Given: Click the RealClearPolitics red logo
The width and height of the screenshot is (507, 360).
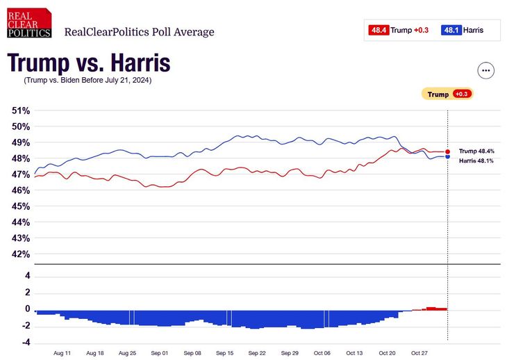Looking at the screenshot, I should tap(29, 23).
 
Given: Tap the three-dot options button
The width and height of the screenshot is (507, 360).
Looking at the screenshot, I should tap(485, 70).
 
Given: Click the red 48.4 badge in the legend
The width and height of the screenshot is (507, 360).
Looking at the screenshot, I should tap(379, 30).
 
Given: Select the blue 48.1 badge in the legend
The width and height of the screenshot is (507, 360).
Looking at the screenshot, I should tap(451, 30).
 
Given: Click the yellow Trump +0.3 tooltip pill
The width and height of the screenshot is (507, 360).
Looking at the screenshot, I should tap(447, 94).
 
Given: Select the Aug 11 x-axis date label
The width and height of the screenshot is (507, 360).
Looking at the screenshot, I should tap(63, 353).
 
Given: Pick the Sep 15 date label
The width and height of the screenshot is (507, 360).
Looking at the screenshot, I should tap(225, 353).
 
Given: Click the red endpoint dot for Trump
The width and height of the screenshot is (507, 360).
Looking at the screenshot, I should tap(448, 152).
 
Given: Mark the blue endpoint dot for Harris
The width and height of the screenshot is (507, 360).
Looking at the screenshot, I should tap(448, 157).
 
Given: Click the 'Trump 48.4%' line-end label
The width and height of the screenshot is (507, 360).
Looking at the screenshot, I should tap(476, 151).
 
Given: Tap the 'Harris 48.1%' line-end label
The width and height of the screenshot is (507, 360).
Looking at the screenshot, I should tap(476, 161).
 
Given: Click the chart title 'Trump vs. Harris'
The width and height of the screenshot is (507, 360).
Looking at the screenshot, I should tap(88, 63).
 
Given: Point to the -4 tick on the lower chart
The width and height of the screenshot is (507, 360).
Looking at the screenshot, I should tap(26, 342).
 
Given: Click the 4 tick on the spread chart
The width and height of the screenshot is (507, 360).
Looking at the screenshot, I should tap(28, 276).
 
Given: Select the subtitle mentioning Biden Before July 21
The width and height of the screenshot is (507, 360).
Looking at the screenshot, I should tap(88, 80).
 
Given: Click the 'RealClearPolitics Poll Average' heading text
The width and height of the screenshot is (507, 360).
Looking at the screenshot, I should tap(139, 32).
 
